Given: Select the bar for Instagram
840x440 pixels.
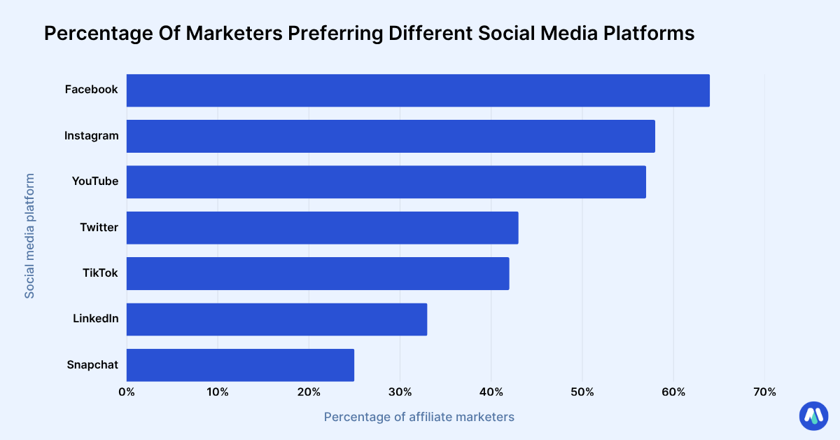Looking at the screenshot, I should [391, 136].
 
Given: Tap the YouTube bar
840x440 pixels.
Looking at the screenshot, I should [386, 182].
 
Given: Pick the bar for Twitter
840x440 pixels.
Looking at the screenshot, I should [322, 228].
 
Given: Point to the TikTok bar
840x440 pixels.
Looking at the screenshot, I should [318, 273].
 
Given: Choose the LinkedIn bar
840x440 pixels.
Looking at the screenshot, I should [276, 319].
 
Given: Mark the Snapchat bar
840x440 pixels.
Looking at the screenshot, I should [240, 365].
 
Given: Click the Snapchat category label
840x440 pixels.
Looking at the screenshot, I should [92, 364].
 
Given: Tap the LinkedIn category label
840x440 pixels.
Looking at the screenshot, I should [95, 319].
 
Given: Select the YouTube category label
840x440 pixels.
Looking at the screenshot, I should [94, 181].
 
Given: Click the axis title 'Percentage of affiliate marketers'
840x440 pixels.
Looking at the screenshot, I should [419, 417].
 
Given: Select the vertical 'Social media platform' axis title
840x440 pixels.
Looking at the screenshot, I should [29, 236].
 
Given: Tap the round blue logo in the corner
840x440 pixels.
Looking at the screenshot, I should [813, 415].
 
